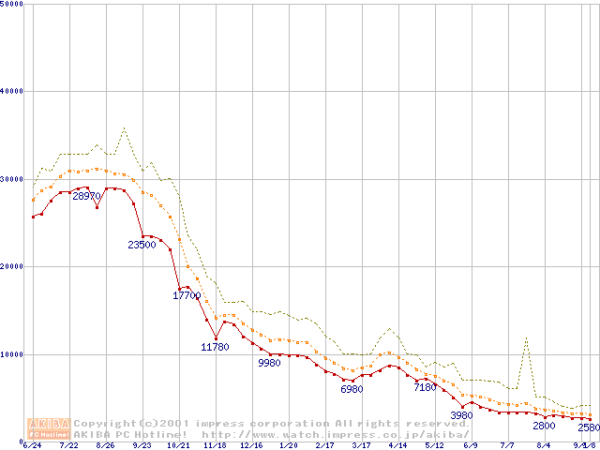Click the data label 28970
[87, 196]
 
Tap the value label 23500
[142, 245]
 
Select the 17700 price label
[187, 295]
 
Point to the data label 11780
[215, 347]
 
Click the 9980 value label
[269, 363]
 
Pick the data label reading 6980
[352, 388]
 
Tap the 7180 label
[425, 386]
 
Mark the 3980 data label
[461, 414]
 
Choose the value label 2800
[544, 426]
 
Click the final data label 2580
[588, 427]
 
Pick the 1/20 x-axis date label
[289, 445]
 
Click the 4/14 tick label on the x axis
[397, 445]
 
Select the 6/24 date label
[32, 445]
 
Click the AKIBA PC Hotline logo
[49, 428]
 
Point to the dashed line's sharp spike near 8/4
[527, 339]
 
